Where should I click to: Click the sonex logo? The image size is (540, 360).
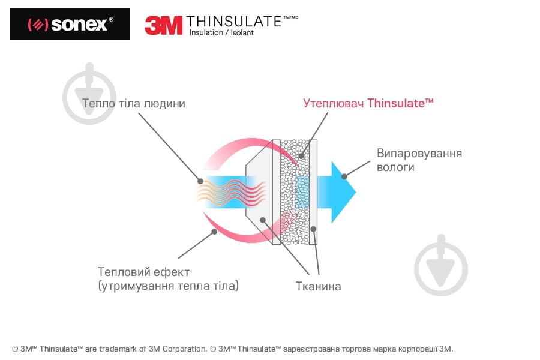[x=70, y=25]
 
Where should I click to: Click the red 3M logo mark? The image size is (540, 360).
[x=163, y=25]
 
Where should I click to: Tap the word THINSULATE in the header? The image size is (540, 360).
[x=234, y=22]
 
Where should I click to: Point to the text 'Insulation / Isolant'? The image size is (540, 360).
[x=221, y=33]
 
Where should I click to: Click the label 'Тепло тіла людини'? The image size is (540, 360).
[x=134, y=104]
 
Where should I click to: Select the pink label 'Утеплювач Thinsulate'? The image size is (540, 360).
[x=368, y=103]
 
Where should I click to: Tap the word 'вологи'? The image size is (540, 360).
[x=395, y=167]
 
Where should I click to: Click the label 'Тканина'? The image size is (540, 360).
[x=318, y=286]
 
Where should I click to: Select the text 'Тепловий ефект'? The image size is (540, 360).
[x=143, y=272]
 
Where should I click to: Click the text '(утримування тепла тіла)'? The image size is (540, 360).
[x=168, y=286]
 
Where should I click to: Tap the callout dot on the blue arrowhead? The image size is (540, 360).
[x=344, y=176]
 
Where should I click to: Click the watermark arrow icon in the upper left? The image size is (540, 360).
[x=89, y=93]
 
